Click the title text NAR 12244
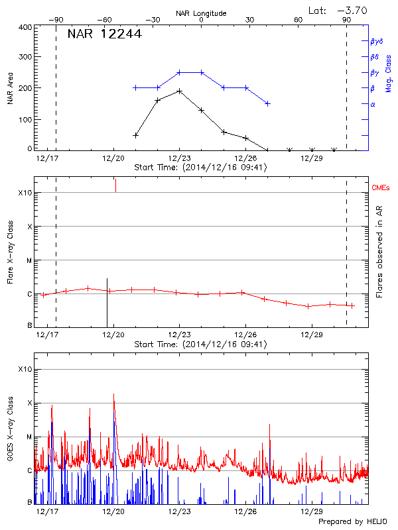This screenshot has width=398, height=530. pos(104,34)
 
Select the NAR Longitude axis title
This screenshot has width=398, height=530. pos(201,13)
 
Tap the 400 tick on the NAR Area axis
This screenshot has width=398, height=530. pos(25,28)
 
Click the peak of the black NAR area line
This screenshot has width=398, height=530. pos(179,91)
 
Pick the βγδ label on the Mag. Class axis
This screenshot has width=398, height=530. pos(377,41)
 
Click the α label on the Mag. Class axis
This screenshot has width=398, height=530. pos(372,104)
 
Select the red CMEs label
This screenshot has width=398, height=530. pos(381,189)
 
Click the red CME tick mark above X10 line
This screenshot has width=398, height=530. pos(115,185)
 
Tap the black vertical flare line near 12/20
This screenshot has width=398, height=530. pos(107,302)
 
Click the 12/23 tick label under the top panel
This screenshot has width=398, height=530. pos(179,159)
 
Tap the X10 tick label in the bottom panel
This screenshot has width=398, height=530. pos(25,369)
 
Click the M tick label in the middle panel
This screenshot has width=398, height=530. pos(29,260)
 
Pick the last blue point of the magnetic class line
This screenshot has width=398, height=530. pos(267,103)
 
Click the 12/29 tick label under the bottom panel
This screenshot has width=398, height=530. pos(311,512)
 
